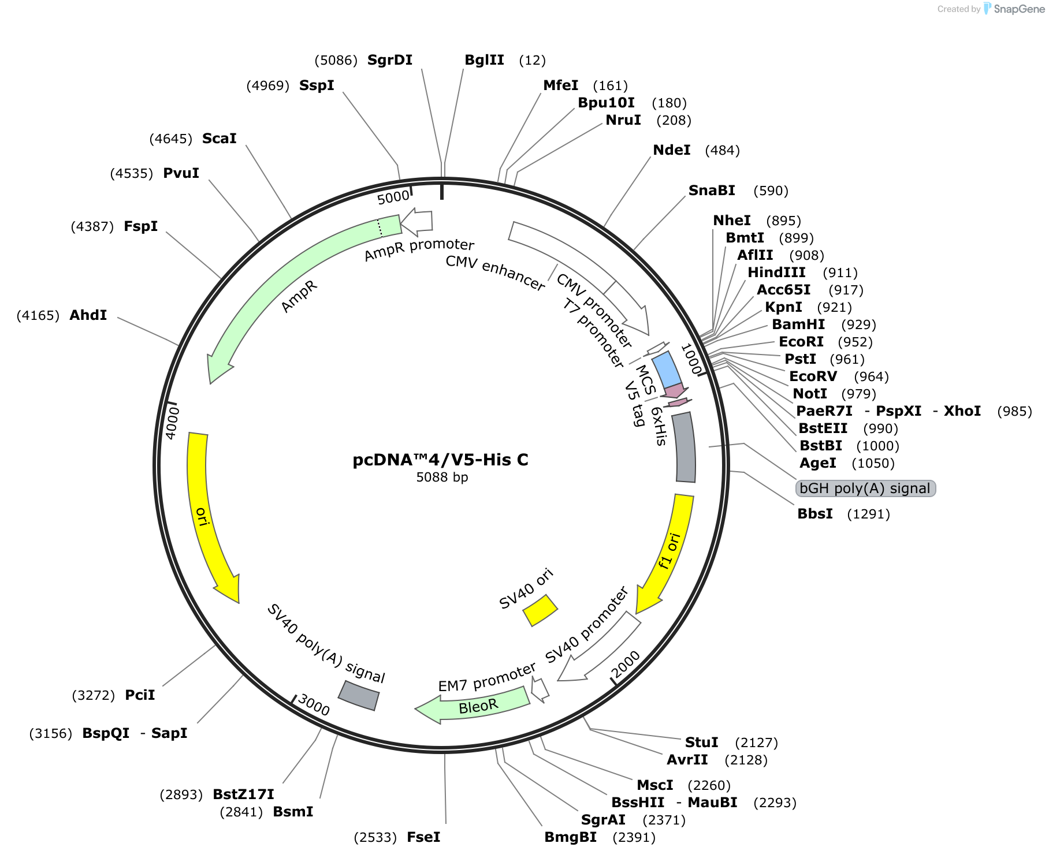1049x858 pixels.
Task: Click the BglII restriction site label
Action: click(x=484, y=60)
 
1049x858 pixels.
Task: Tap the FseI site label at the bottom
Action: click(x=423, y=837)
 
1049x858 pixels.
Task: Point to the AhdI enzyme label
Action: click(x=88, y=315)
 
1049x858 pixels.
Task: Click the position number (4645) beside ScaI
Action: click(x=170, y=139)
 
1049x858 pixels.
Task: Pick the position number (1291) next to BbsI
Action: click(x=868, y=514)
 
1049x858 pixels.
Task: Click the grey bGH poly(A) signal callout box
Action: click(x=865, y=488)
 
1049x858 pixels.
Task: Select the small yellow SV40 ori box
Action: click(x=540, y=610)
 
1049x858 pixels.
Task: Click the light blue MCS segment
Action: click(x=667, y=370)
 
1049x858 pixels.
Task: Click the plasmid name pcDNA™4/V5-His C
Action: click(x=441, y=460)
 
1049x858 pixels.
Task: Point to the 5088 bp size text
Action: click(x=442, y=478)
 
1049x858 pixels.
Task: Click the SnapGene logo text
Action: click(x=1019, y=9)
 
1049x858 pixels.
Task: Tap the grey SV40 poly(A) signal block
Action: click(x=359, y=695)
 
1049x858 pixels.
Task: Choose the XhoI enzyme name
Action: click(x=962, y=411)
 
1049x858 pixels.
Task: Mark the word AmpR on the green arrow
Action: click(x=299, y=297)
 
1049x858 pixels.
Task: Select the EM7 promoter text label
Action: click(x=487, y=678)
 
